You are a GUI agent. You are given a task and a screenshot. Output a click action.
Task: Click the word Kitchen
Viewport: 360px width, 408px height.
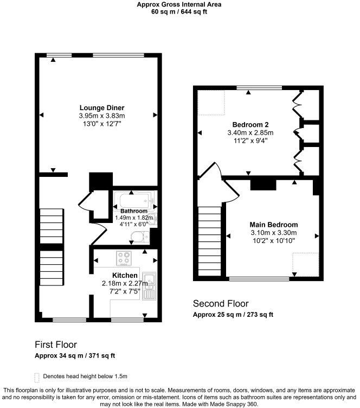tap(125, 275)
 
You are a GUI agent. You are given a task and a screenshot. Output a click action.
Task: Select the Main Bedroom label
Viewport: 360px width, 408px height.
tap(274, 225)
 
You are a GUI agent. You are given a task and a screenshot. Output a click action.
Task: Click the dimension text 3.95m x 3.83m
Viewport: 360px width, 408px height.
tap(102, 116)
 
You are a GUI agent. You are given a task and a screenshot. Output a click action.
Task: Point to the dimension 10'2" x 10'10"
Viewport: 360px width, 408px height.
tap(274, 241)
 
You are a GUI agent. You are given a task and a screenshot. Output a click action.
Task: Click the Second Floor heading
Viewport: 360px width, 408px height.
tap(221, 304)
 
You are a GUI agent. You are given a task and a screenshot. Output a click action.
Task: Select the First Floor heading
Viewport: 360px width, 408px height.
tap(56, 345)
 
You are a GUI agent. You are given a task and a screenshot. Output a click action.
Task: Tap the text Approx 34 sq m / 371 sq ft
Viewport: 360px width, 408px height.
tap(75, 356)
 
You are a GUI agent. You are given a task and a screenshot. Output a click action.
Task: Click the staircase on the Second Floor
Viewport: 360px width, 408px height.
tap(208, 241)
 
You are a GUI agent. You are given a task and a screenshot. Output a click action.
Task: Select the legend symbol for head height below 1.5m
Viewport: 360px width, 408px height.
tap(36, 377)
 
